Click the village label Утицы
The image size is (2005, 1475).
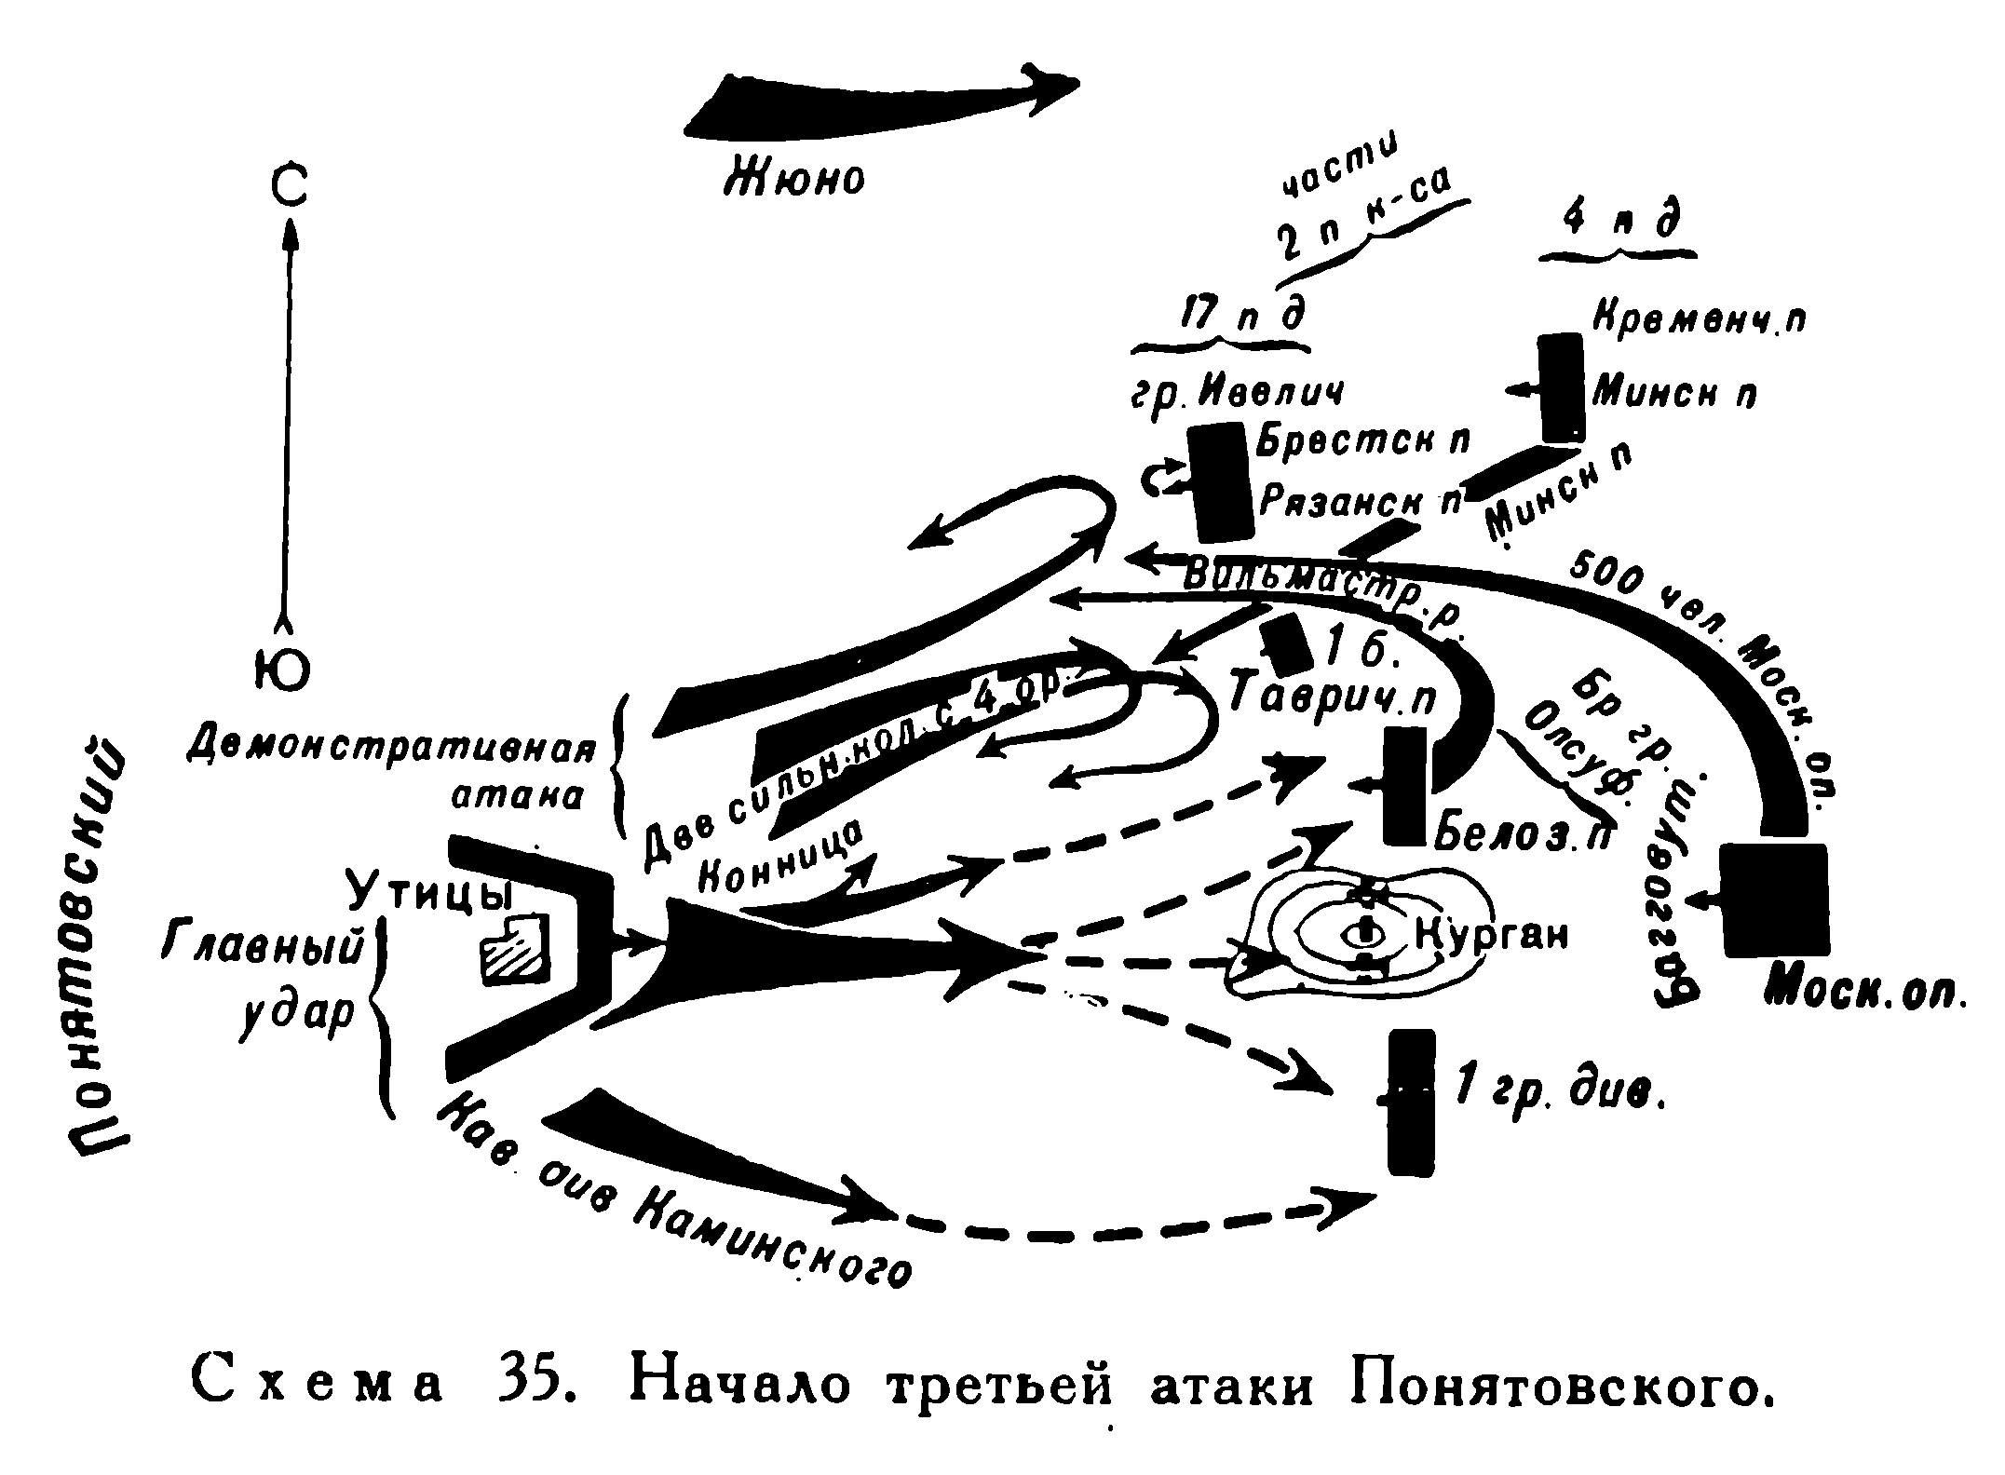(430, 895)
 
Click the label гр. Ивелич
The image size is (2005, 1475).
(1238, 392)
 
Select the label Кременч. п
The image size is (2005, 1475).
(1700, 320)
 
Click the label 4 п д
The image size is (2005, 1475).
(1619, 223)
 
